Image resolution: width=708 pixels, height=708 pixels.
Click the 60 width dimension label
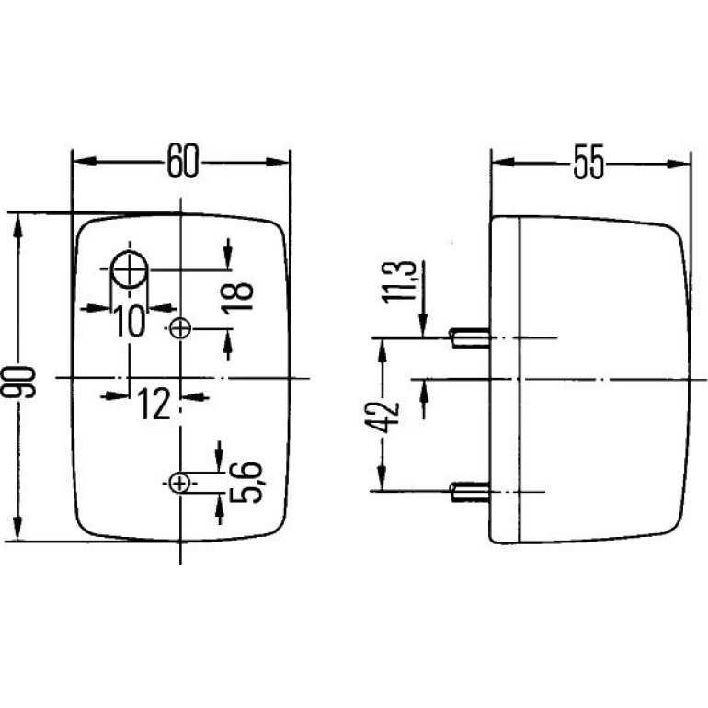[182, 161]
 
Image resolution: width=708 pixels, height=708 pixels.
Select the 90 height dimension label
[18, 382]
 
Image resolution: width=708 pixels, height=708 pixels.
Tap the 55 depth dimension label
[588, 162]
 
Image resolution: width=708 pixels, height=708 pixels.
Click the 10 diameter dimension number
[130, 321]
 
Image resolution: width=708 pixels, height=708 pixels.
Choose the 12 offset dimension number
[154, 404]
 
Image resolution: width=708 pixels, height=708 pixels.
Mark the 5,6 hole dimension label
[246, 482]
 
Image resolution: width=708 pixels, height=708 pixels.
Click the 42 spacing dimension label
[382, 417]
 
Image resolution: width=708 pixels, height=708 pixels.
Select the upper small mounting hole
[180, 329]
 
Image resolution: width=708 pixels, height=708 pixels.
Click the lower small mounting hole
[179, 484]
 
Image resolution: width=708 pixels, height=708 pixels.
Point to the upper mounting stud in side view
[470, 338]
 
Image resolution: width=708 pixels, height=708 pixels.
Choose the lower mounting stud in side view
[470, 492]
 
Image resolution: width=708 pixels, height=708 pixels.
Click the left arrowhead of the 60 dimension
[85, 161]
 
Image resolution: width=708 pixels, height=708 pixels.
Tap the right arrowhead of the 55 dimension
[679, 164]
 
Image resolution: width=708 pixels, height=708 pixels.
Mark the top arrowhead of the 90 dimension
[18, 226]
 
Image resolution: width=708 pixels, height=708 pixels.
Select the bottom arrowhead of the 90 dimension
[18, 529]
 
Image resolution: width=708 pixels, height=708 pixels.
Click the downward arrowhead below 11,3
[423, 325]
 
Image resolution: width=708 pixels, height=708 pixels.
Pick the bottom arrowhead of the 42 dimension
[382, 478]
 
